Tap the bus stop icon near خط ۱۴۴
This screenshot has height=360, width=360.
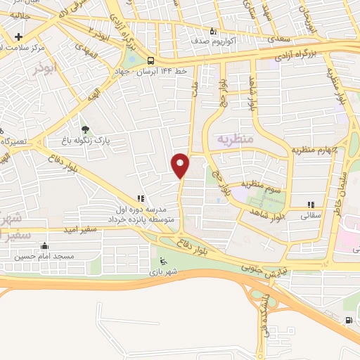[x=151, y=60]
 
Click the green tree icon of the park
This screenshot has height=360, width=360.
[x=85, y=129]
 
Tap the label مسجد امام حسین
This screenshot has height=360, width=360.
[x=46, y=257]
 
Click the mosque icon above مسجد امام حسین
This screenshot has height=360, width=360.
[x=45, y=246]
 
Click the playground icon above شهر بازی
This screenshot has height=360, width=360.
[x=164, y=259]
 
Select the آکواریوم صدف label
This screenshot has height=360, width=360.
[x=212, y=41]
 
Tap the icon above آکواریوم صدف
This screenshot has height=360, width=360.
[x=213, y=31]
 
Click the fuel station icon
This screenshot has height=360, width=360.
[x=349, y=321]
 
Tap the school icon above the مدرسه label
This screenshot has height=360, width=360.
[x=140, y=199]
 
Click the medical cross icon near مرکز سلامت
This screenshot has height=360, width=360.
[x=18, y=37]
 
